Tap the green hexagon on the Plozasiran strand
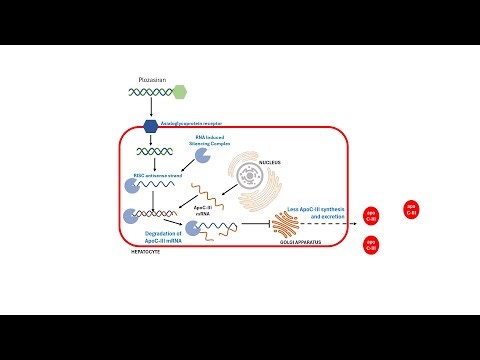pyautogui.click(x=180, y=92)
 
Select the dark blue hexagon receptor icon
pyautogui.click(x=150, y=127)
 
